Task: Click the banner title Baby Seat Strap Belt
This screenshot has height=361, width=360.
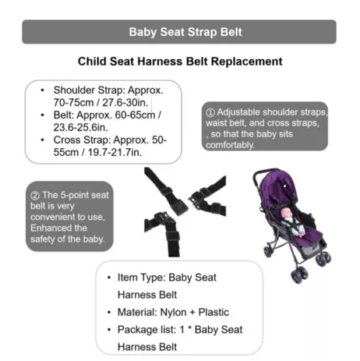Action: click(x=185, y=32)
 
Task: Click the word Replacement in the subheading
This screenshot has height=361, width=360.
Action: click(x=246, y=62)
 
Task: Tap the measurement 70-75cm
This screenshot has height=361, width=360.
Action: click(x=73, y=103)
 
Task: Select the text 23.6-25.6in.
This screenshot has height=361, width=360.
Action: click(x=80, y=127)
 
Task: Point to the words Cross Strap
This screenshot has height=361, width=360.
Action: click(x=82, y=140)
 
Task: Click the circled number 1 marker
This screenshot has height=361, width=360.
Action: click(x=210, y=112)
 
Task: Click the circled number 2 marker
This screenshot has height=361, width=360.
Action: click(x=35, y=196)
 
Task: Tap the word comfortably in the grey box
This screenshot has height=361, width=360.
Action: click(x=230, y=145)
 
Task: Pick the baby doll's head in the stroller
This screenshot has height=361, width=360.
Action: click(x=286, y=213)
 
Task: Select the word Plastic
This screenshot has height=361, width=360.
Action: click(x=214, y=312)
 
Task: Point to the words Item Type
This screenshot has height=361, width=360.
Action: click(x=142, y=278)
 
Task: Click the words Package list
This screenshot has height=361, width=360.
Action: click(x=146, y=330)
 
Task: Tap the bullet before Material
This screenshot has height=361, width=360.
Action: click(x=109, y=313)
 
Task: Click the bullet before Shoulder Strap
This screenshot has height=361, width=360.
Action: click(x=43, y=90)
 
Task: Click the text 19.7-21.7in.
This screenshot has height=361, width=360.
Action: click(x=115, y=152)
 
